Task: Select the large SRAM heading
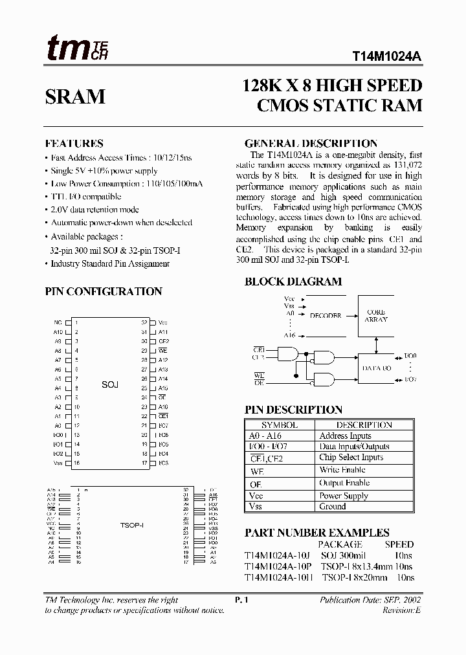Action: (x=75, y=96)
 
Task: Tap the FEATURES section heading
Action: (x=74, y=144)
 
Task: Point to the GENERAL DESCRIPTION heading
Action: (x=311, y=144)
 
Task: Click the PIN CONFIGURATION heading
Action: (x=104, y=292)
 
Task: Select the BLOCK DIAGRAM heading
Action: (x=293, y=282)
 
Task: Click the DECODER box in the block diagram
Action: (x=325, y=316)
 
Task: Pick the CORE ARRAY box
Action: (x=376, y=316)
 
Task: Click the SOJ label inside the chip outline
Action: (x=110, y=384)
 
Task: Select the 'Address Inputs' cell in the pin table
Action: (x=346, y=436)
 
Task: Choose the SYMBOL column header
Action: (x=279, y=425)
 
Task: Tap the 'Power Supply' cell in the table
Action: (x=343, y=496)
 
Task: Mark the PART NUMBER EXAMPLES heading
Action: (x=316, y=533)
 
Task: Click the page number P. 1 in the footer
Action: (x=243, y=600)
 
